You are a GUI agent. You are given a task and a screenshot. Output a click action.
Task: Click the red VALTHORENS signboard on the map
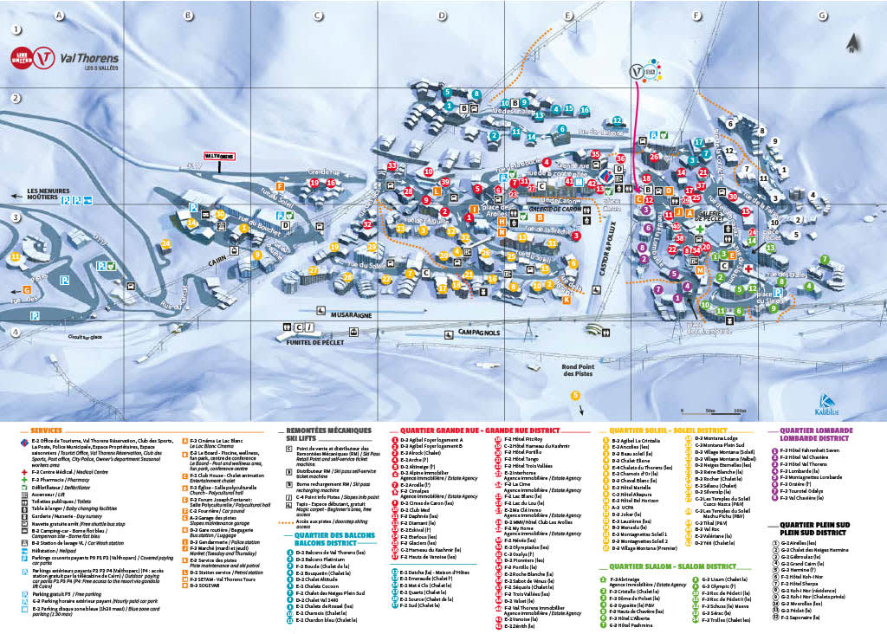(x=219, y=156)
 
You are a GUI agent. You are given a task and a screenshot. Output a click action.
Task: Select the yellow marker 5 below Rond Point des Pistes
(x=575, y=396)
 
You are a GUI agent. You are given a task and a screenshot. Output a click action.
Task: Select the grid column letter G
(x=821, y=16)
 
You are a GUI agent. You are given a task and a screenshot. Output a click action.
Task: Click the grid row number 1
(x=16, y=29)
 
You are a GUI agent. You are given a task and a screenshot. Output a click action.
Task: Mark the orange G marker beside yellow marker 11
(x=27, y=289)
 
